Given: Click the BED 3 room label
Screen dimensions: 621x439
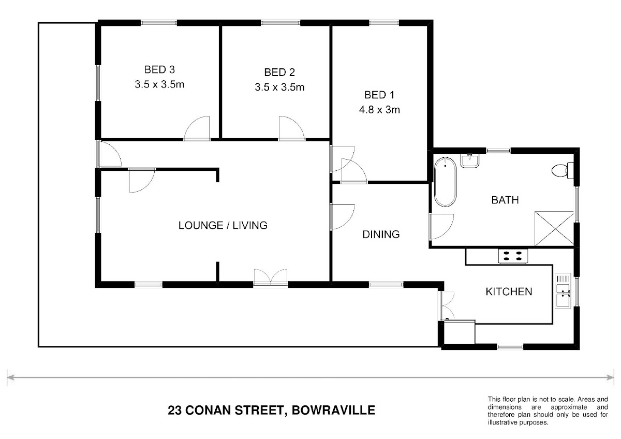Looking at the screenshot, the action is click(159, 69).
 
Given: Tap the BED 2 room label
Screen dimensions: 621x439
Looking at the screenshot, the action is click(279, 72).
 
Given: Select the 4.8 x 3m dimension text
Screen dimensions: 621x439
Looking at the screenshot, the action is click(379, 110).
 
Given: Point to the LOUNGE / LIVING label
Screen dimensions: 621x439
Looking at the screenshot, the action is click(223, 225).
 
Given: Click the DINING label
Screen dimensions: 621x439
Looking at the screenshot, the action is click(381, 235).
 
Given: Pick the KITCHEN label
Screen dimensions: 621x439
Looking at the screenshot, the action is click(509, 291).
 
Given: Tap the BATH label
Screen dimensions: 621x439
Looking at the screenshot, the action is click(505, 200).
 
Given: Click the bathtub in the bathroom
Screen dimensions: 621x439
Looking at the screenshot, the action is click(445, 182).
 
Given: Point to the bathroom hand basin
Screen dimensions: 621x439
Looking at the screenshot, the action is click(470, 160).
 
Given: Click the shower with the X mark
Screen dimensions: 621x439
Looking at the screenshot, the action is click(554, 228).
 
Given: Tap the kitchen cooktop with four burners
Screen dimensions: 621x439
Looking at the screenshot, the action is click(513, 256).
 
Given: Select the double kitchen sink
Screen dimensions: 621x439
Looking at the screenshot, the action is click(563, 290).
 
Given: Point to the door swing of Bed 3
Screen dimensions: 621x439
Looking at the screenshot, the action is click(197, 128).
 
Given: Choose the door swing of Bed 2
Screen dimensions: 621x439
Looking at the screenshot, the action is click(292, 128).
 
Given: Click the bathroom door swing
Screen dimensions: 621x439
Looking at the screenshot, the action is click(441, 226).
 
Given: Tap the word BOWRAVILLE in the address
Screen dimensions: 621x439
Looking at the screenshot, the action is click(333, 410).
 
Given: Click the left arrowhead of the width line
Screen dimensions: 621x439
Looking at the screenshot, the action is click(10, 377).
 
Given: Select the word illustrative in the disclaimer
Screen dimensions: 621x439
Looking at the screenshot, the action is click(501, 422).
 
